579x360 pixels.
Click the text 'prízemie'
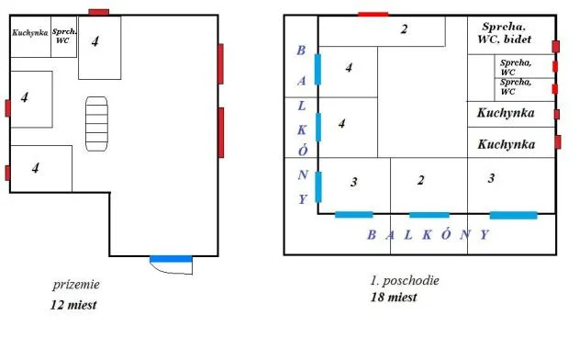pos(75,285)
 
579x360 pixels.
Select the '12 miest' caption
pos(73,304)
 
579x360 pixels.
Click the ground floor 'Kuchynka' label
pos(29,33)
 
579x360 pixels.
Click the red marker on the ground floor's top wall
pos(99,11)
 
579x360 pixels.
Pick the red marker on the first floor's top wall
pos(373,14)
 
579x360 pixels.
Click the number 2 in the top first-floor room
pos(404,28)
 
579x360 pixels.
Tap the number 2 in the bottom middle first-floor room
pos(421,181)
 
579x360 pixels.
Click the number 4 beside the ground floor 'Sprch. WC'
pos(95,40)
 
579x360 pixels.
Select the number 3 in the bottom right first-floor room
pos(491,178)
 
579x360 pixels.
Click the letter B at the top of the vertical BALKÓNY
pos(300,51)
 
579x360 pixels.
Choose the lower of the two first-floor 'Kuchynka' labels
pos(507,143)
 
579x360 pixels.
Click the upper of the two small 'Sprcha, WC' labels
pos(514,66)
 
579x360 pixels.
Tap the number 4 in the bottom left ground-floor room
pos(35,167)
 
